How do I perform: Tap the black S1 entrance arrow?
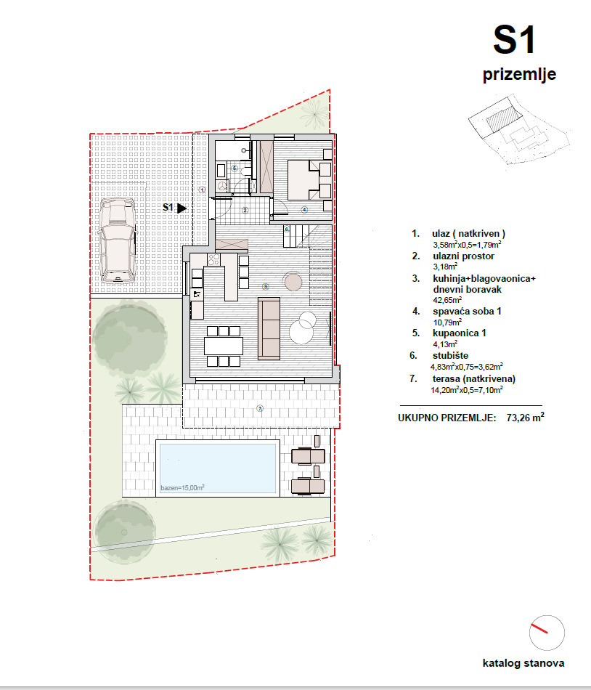tap(182, 208)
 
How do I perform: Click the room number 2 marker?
tap(245, 211)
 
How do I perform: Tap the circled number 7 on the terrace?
tap(259, 409)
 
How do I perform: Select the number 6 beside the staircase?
tap(287, 230)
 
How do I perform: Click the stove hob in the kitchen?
tap(214, 259)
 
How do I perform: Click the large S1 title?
tap(514, 40)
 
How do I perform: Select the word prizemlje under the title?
tap(519, 74)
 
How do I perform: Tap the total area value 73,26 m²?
tap(526, 418)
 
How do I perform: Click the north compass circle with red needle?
tap(547, 633)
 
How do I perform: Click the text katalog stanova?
tap(523, 663)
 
